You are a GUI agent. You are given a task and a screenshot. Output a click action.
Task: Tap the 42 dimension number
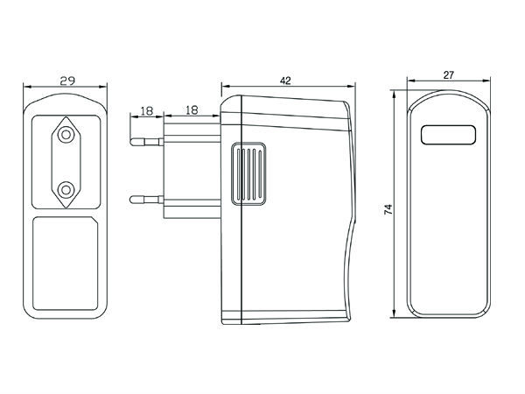[284, 80]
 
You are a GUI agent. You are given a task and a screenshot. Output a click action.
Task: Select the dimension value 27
[447, 75]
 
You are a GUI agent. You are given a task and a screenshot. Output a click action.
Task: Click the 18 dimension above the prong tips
[146, 111]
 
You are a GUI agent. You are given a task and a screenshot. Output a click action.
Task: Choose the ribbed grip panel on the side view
[249, 175]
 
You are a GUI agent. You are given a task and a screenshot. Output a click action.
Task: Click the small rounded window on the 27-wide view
[447, 136]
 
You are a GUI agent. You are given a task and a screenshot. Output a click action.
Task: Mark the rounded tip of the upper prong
[131, 138]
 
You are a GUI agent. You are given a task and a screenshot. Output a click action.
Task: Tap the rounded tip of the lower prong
[131, 201]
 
